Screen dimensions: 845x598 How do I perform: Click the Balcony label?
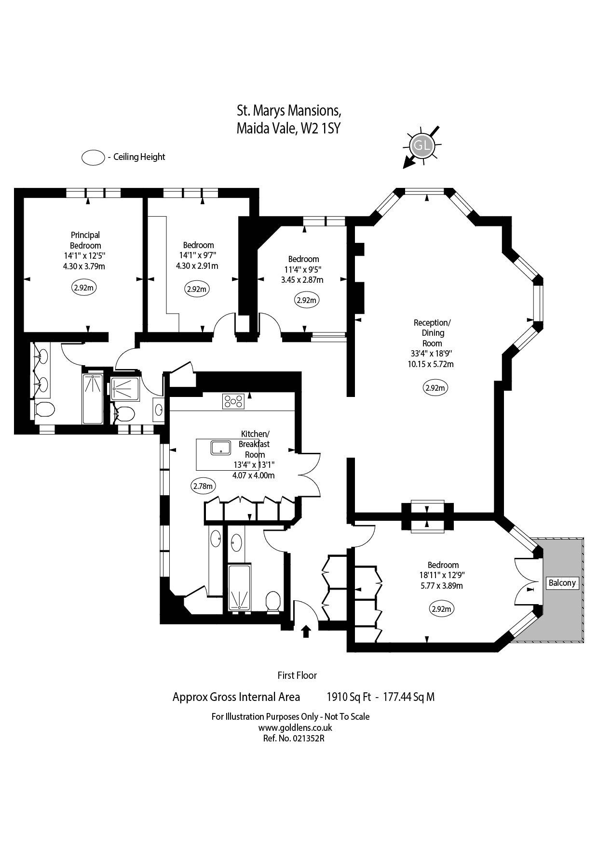pos(562,582)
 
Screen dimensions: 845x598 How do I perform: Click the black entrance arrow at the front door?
pos(306,631)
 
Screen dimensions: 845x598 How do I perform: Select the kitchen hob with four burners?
pos(233,401)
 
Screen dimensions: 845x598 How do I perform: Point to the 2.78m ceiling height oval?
pos(203,486)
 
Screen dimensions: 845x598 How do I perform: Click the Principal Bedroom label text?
pos(85,240)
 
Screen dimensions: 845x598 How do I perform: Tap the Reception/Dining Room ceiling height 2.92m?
pos(435,387)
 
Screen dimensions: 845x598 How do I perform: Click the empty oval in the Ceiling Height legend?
pos(93,158)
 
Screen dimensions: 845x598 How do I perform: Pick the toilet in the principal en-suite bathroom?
pos(44,409)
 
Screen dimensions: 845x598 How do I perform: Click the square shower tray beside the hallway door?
pos(125,388)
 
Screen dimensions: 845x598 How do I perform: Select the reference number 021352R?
pos(308,738)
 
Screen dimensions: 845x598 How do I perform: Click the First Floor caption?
pos(297,675)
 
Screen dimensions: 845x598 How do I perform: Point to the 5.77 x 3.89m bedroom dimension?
pos(442,586)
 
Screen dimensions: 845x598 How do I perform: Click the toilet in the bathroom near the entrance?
pos(273,601)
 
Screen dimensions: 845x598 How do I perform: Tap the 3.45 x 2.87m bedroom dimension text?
pos(302,280)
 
